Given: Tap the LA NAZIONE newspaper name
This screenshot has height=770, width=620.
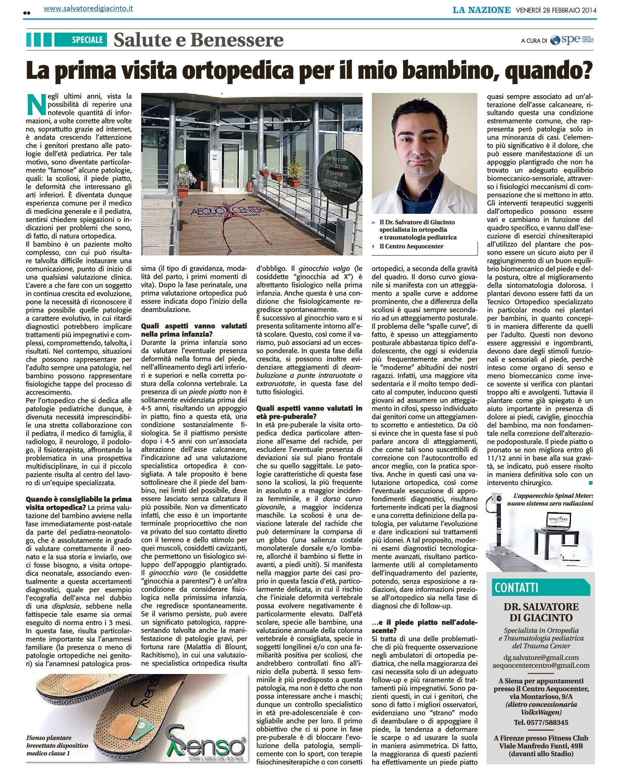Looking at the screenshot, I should [481, 10].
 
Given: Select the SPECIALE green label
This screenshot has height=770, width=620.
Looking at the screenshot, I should [87, 40].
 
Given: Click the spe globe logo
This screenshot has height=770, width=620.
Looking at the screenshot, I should [555, 40].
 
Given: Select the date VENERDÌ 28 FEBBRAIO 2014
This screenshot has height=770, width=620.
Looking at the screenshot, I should [556, 10].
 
